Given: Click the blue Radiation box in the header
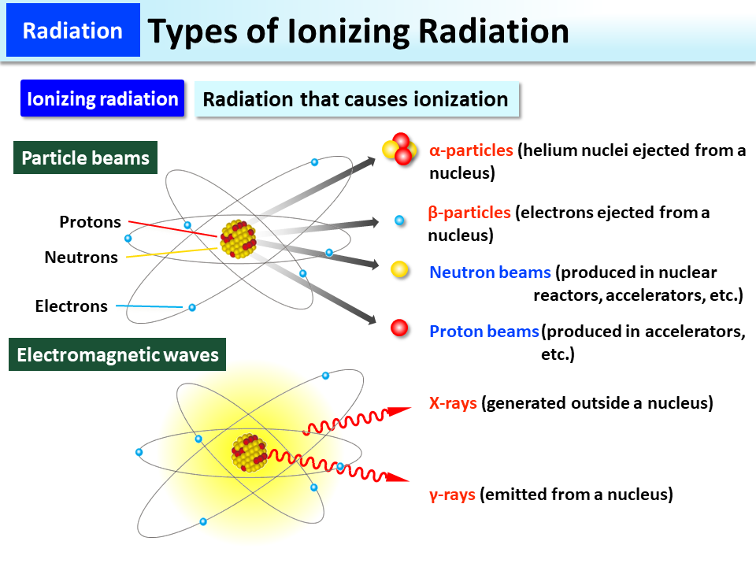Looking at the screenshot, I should (72, 31).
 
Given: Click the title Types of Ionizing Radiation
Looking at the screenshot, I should (358, 31).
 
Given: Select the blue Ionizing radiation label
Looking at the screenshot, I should (102, 99).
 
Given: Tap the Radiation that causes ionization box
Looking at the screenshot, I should (356, 100).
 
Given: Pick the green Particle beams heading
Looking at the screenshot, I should (85, 158).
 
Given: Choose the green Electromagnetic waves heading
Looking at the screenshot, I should (117, 355).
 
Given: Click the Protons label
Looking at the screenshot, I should (91, 222).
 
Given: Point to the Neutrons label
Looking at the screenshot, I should (81, 257).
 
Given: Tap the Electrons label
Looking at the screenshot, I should (72, 306).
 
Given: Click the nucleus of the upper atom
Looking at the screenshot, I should (238, 238).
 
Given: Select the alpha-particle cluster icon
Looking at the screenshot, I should (399, 149).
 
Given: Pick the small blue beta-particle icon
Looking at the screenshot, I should (400, 220).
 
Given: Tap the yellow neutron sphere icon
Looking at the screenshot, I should (400, 270).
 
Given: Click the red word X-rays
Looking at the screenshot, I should (453, 403).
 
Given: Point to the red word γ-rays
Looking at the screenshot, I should (452, 495).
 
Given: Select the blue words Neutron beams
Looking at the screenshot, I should (490, 272).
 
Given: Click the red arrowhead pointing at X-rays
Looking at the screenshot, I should (400, 410).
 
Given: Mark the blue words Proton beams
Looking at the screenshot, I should (484, 332).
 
